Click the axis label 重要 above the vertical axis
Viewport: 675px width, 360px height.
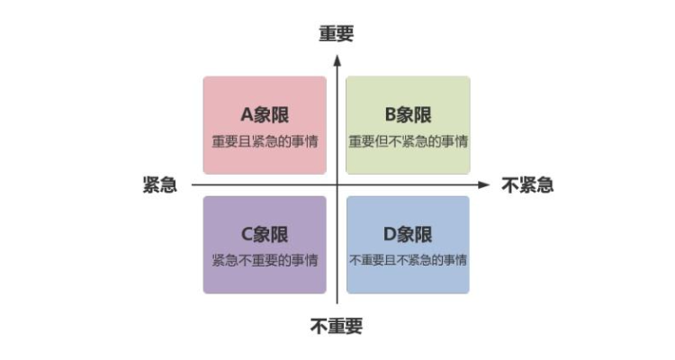[337, 33]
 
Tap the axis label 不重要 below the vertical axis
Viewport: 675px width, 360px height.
[337, 327]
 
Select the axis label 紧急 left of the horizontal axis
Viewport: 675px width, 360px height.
[160, 184]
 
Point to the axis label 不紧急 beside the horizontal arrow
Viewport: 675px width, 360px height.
[527, 184]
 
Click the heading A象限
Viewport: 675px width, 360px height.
[265, 115]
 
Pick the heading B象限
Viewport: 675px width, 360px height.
[408, 115]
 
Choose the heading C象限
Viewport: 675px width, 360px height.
[265, 235]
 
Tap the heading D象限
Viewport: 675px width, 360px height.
[408, 235]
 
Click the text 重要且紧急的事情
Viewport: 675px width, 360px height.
[265, 141]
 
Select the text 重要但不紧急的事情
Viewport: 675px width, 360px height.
[408, 141]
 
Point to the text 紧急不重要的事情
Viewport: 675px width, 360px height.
[265, 260]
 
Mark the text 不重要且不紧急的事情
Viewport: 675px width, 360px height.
[408, 260]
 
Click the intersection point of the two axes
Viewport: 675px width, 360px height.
[337, 184]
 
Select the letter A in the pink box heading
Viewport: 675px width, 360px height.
[247, 115]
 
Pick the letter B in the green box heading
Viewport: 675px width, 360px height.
[390, 115]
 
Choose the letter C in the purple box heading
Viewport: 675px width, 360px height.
[247, 235]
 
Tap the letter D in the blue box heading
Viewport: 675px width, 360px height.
[390, 235]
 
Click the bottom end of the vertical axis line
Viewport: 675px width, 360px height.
[337, 303]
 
